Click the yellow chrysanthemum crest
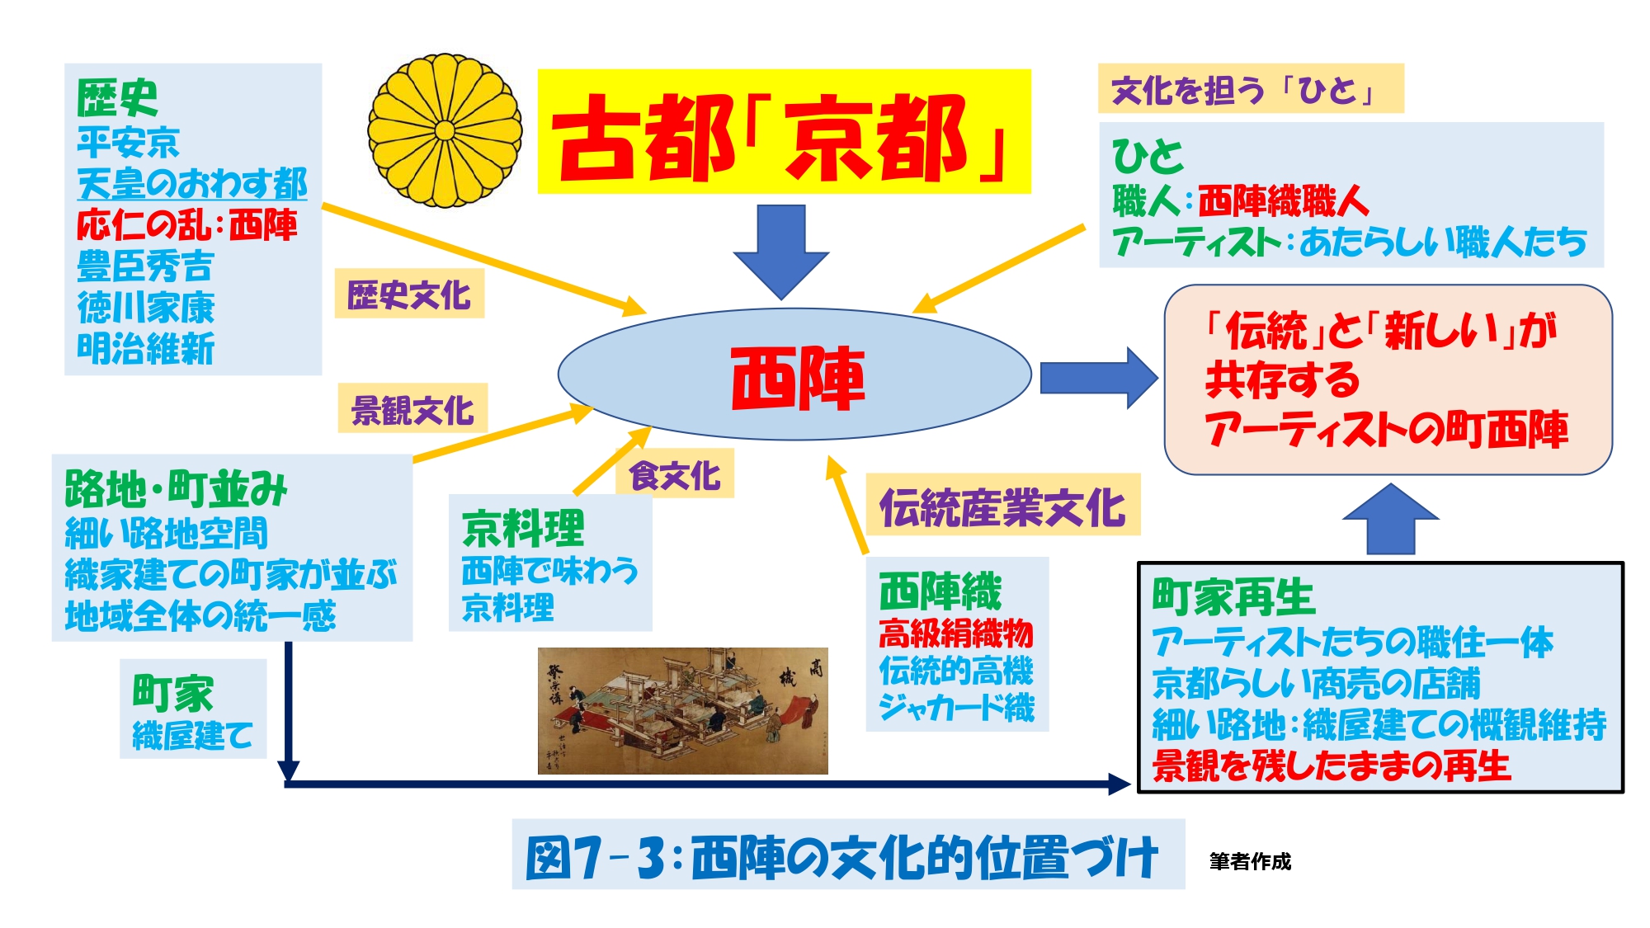(x=445, y=130)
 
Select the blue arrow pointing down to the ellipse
(x=780, y=249)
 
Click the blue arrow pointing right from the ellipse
(x=1097, y=377)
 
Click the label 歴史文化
(x=409, y=294)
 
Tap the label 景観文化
(x=412, y=409)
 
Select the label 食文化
(x=675, y=475)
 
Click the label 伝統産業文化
(x=1002, y=506)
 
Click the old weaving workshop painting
(x=682, y=710)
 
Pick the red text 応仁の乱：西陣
(x=187, y=224)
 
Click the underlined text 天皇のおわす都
(x=192, y=183)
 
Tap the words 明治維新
(x=146, y=348)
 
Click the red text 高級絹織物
(x=956, y=633)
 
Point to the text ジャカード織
(x=956, y=707)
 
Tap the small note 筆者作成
(x=1250, y=861)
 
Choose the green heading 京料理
(x=523, y=528)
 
